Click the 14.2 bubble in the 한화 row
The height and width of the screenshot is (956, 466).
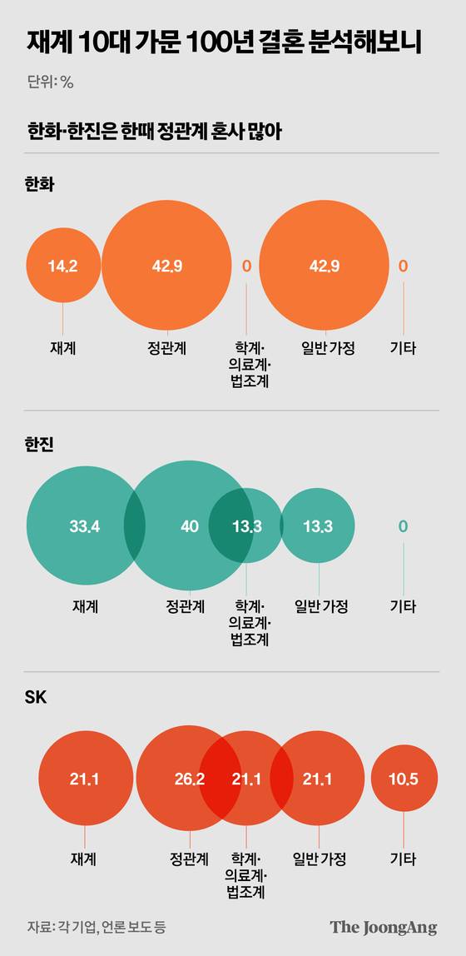pos(63,266)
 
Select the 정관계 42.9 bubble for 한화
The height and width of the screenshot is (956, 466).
pos(166,266)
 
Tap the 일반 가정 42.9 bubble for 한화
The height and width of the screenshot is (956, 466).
pos(324,266)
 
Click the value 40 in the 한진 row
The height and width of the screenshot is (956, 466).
pos(189,526)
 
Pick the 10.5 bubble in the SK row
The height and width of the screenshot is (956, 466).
pos(403,779)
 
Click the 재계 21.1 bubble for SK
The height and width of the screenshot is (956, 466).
pos(85,779)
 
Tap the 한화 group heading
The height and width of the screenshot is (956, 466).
pos(40,185)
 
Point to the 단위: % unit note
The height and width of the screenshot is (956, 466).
pos(51,82)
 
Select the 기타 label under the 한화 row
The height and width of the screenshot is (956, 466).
pos(403,349)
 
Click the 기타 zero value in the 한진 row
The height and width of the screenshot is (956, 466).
pos(403,526)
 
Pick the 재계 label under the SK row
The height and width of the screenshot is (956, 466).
pos(85,859)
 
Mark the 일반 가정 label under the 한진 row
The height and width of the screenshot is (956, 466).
pos(320,606)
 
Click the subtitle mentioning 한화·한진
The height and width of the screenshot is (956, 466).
pos(152,132)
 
